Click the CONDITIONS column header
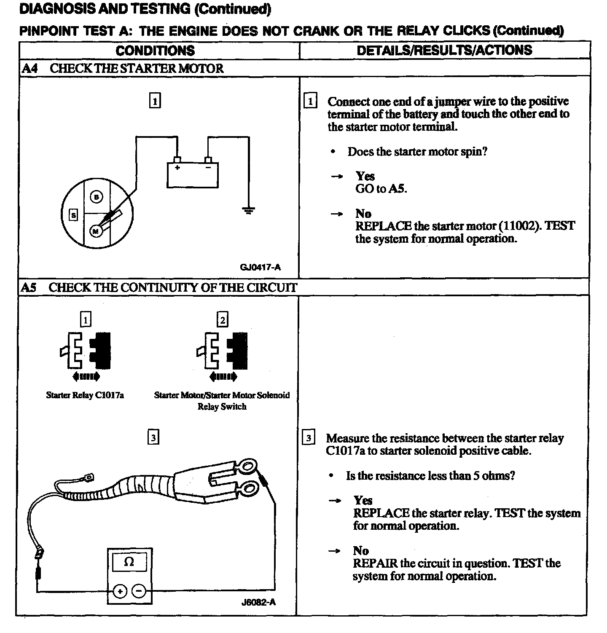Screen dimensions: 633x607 point(155,51)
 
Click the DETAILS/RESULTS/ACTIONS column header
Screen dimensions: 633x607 point(444,51)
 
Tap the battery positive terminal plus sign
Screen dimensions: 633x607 point(177,167)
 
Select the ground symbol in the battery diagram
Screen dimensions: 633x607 point(249,210)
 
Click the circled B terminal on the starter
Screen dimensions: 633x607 point(97,197)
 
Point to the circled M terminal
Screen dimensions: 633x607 point(96,231)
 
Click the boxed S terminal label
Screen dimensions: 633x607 point(73,215)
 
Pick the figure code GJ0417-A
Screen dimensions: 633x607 point(260,267)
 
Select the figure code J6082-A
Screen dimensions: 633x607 point(258,602)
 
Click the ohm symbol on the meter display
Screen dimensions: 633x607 point(129,562)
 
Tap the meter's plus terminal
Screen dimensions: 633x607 point(120,592)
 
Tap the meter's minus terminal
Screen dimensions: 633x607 point(139,592)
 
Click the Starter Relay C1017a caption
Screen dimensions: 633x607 point(85,395)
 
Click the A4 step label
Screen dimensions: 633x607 point(30,68)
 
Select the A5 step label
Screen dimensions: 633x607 point(29,287)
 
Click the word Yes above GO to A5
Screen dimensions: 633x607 point(365,176)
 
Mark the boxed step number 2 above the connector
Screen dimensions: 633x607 point(222,320)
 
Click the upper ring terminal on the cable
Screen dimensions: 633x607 point(246,466)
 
